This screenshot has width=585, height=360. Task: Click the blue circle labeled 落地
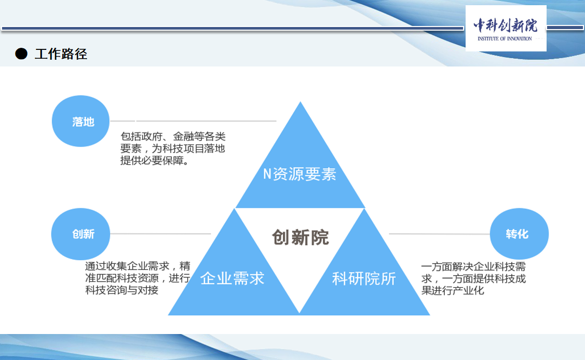[x=80, y=121]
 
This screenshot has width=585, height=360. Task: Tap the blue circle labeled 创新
[x=80, y=234]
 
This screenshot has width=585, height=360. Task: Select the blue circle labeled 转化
[x=519, y=234]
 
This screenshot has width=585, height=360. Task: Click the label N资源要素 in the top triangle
[x=300, y=174]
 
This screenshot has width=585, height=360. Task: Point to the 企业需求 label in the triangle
[x=232, y=278]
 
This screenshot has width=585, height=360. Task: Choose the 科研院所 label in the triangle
[x=364, y=278]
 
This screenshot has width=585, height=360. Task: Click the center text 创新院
[x=301, y=237]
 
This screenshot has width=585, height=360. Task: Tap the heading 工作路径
[x=61, y=54]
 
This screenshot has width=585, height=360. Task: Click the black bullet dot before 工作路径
[x=21, y=54]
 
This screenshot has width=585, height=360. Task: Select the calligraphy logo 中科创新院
[x=506, y=25]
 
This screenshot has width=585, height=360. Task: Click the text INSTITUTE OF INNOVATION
[x=505, y=38]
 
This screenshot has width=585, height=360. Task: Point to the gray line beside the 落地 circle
[x=193, y=121]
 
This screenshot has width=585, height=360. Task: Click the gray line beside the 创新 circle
[x=160, y=234]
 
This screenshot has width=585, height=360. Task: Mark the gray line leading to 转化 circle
[x=440, y=234]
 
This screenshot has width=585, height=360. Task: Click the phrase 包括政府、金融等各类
[x=173, y=137]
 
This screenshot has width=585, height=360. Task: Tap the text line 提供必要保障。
[x=155, y=161]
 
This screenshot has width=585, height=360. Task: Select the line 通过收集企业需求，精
[x=138, y=266]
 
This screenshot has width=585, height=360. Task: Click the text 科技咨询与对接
[x=121, y=290]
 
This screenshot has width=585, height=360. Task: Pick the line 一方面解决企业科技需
[x=473, y=266]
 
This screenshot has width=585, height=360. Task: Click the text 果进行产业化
[x=453, y=290]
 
